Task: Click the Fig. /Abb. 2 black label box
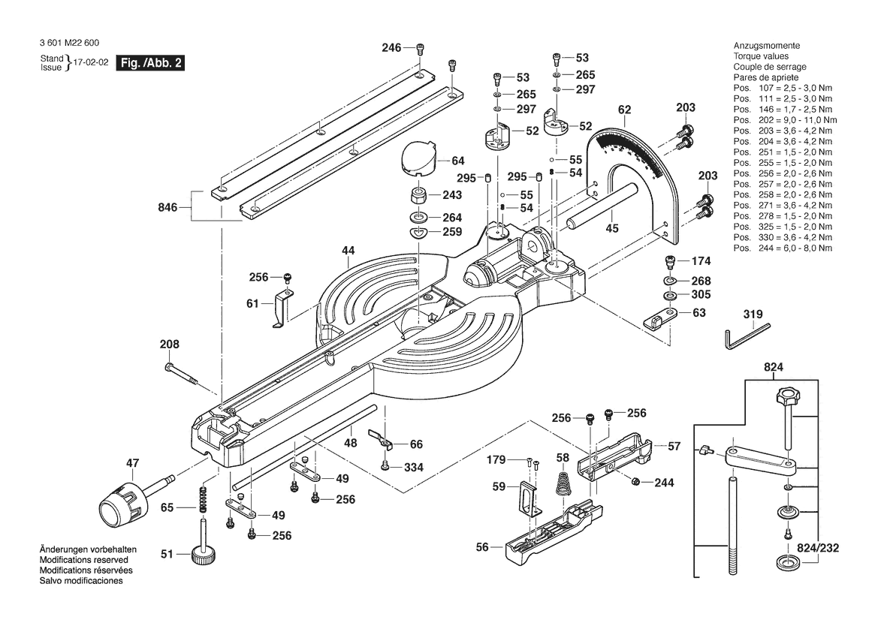pyautogui.click(x=151, y=63)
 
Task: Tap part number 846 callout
pyautogui.click(x=167, y=207)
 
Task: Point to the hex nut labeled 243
pyautogui.click(x=416, y=197)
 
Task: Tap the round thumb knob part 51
pyautogui.click(x=203, y=555)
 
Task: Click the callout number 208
pyautogui.click(x=170, y=345)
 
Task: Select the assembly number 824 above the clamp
pyautogui.click(x=774, y=368)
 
